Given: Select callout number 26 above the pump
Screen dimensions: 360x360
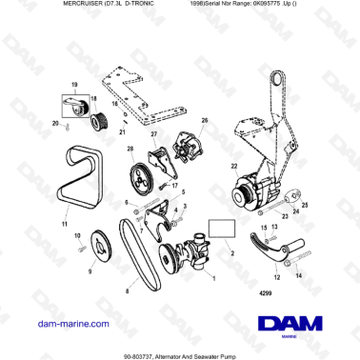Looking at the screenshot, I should coord(203,121).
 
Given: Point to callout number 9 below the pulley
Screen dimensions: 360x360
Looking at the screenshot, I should coord(90,270).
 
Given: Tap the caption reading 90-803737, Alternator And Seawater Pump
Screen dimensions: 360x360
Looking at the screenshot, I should coord(180,351).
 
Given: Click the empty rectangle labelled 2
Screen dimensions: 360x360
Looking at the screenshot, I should coord(221,229).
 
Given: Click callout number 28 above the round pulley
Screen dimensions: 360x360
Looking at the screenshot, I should coord(130,149).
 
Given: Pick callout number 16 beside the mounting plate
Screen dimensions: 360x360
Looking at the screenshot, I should coord(113,104).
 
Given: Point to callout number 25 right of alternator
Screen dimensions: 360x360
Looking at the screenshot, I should coord(305,205).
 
